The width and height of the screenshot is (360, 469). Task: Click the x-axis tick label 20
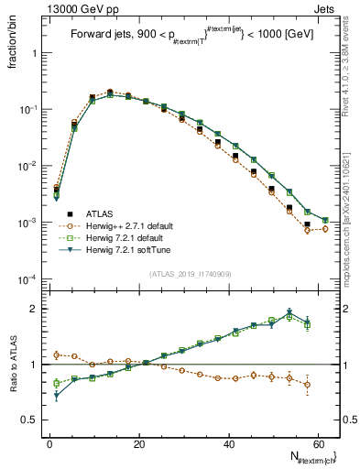coord(138,444)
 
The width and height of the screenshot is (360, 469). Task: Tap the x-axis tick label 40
coord(228,444)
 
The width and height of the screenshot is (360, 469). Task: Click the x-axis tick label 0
coord(49,444)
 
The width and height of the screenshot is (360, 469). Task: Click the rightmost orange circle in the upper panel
coord(325,229)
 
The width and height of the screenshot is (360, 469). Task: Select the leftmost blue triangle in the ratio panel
coord(56,396)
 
